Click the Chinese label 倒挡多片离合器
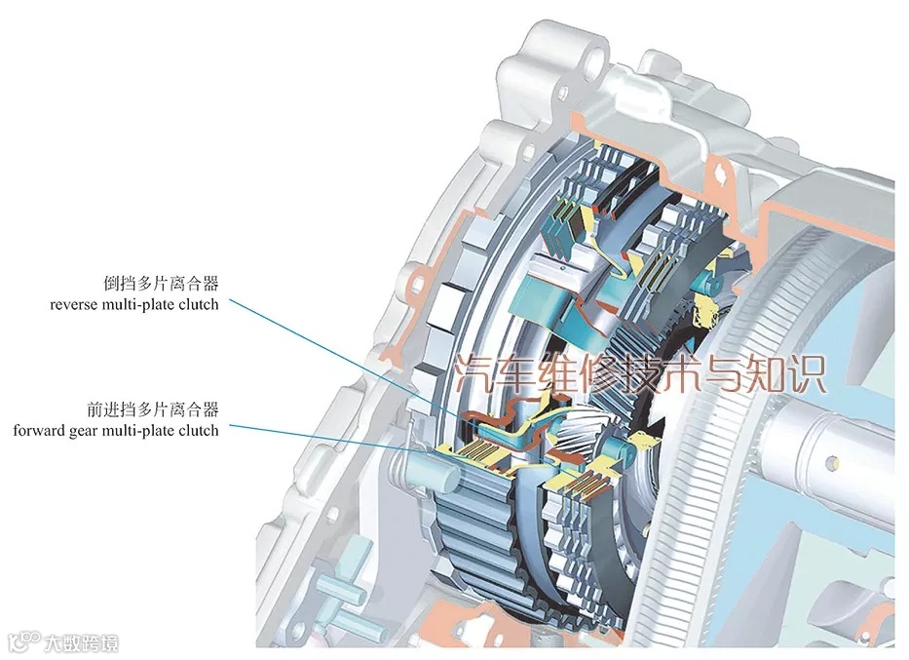(x=160, y=283)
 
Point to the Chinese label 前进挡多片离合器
(x=152, y=408)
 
